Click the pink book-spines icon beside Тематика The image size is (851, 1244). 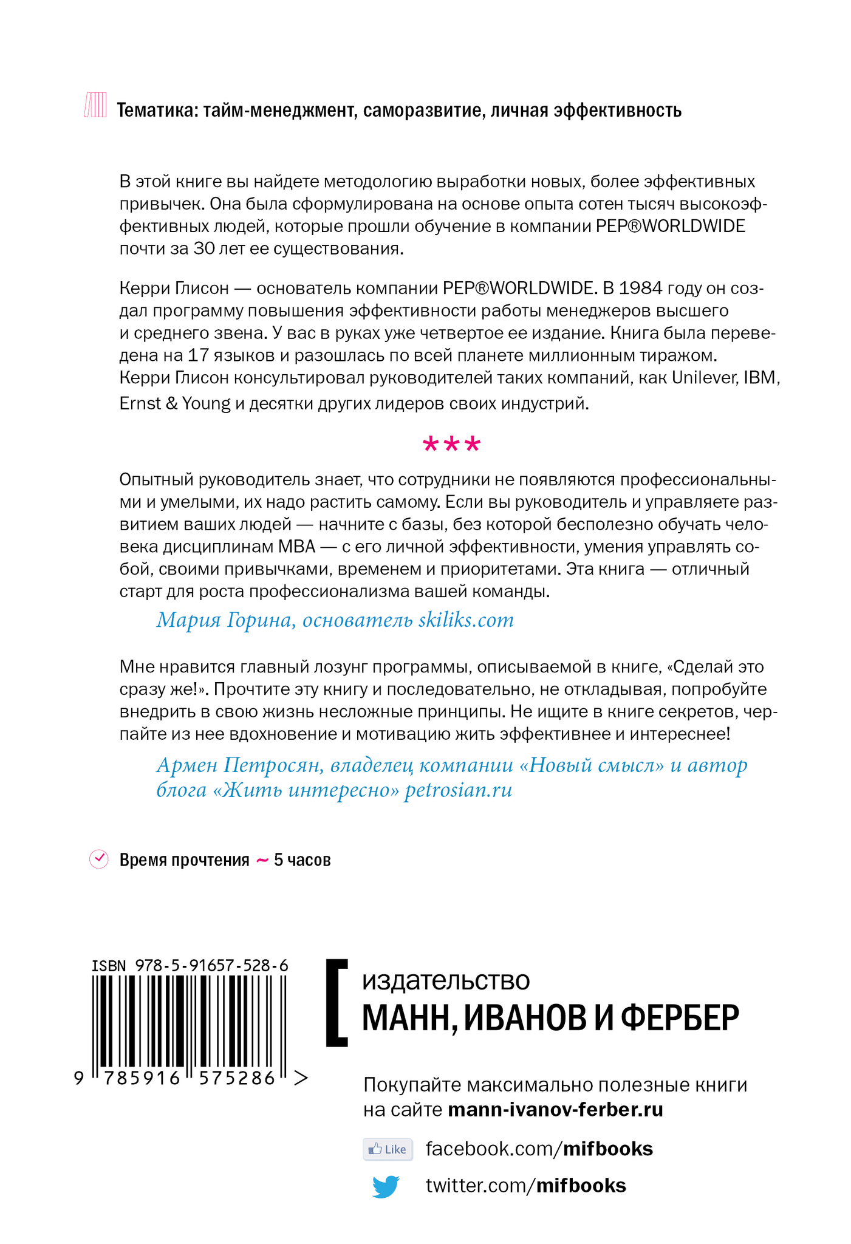point(95,105)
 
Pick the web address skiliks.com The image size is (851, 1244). point(466,620)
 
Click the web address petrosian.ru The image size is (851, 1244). point(458,790)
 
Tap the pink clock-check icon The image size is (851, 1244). point(98,859)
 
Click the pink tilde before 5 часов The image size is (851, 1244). point(262,860)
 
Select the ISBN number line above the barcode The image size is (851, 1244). point(190,965)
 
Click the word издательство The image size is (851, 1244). point(446,981)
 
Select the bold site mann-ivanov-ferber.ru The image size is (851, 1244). point(555,1110)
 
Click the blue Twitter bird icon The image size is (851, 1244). point(386,1186)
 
